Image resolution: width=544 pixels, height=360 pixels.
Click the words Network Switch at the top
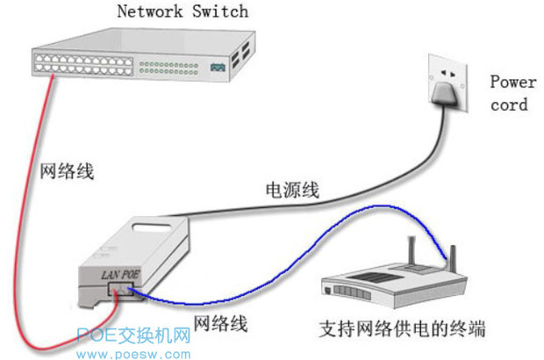click(x=183, y=12)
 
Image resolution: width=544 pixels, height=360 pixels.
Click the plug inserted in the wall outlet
click(x=447, y=95)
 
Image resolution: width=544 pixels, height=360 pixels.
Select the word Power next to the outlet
click(x=512, y=83)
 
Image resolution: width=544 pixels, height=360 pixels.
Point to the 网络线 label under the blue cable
click(x=219, y=324)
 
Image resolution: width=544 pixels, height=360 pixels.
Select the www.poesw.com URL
click(x=132, y=353)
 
